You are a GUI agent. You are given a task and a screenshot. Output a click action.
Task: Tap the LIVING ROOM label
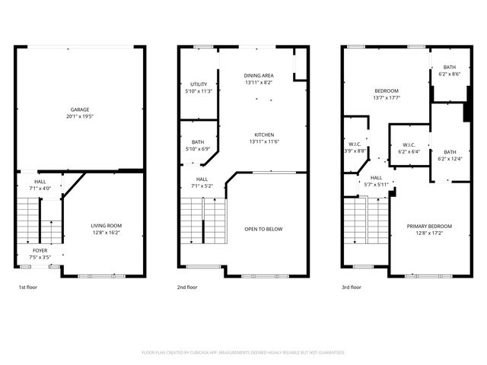click(x=107, y=226)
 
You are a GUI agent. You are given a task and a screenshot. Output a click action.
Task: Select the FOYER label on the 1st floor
click(x=40, y=249)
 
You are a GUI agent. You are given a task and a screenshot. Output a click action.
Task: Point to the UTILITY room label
click(x=199, y=85)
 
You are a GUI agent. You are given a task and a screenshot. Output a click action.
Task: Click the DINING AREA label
click(x=259, y=76)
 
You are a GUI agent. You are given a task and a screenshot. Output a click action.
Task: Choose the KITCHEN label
click(x=264, y=134)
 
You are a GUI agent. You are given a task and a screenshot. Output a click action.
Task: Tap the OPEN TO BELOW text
click(x=263, y=229)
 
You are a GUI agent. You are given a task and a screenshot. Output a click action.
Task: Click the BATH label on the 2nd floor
click(x=198, y=141)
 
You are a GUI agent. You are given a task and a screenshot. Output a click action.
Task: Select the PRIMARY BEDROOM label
click(x=429, y=226)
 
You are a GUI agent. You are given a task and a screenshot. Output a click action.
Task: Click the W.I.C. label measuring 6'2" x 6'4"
click(x=409, y=144)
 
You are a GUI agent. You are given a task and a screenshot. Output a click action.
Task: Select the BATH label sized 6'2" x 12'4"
click(x=450, y=151)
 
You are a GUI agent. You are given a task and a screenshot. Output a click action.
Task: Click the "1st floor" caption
click(x=28, y=287)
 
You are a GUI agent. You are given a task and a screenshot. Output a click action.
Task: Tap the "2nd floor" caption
click(x=188, y=287)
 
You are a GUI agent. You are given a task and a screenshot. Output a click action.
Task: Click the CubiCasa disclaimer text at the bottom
click(x=243, y=352)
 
